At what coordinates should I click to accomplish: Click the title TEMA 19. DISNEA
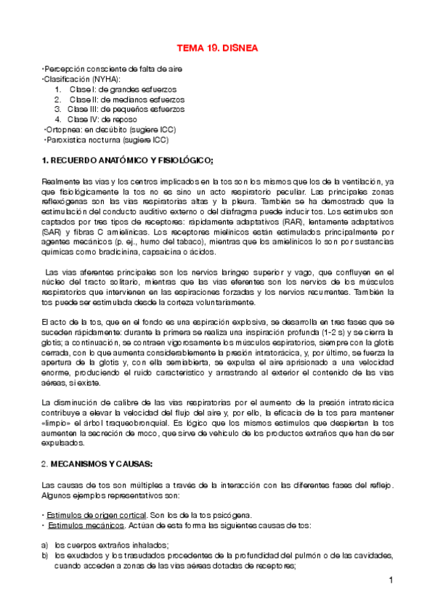(217, 49)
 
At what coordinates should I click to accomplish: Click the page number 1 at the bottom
(390, 580)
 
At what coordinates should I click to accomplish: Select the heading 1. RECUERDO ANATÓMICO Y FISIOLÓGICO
(128, 159)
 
